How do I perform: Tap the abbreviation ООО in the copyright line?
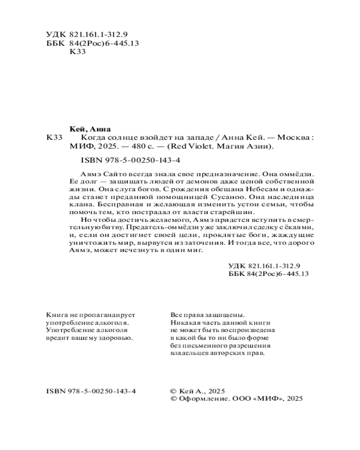click(x=240, y=399)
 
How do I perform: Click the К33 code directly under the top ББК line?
click(x=78, y=51)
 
